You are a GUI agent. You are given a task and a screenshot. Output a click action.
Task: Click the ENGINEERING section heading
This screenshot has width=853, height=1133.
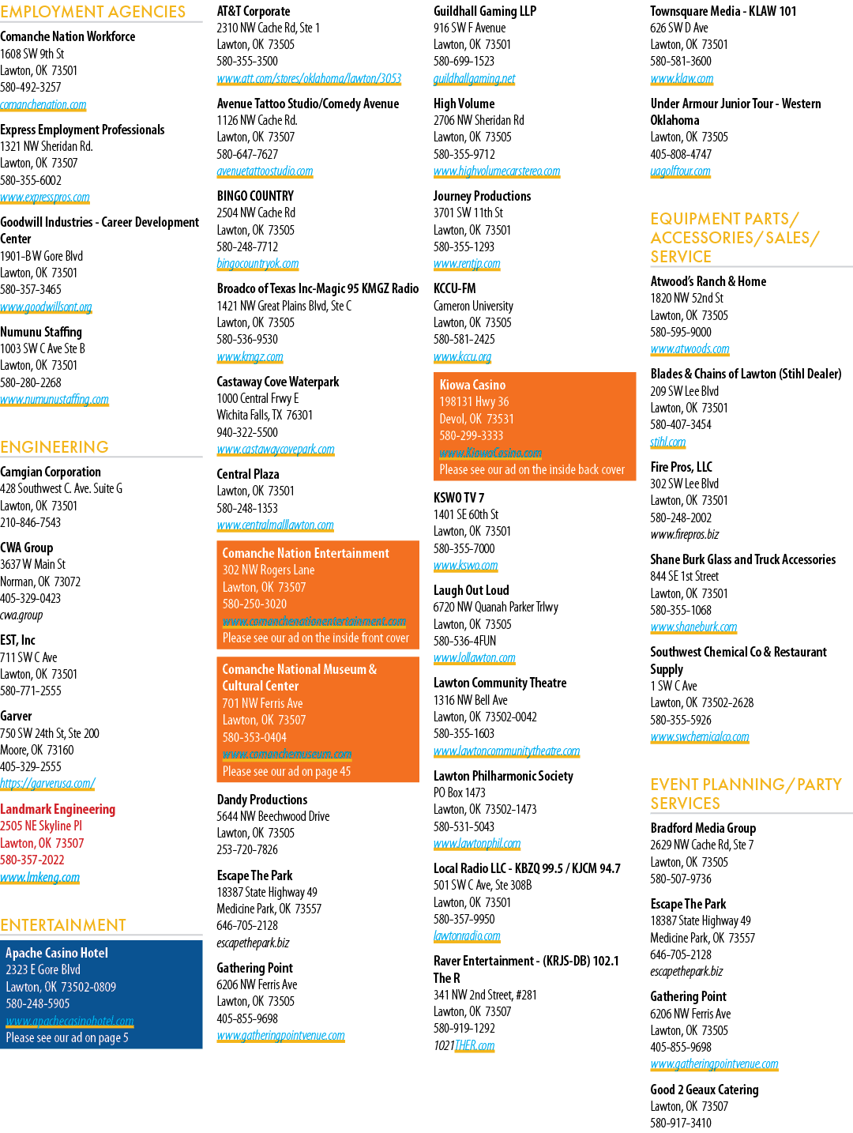[x=54, y=446]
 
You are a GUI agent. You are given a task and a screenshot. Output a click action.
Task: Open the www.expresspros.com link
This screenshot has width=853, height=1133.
[x=45, y=198]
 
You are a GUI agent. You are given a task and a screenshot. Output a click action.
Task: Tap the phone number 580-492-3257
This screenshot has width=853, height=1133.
[x=31, y=87]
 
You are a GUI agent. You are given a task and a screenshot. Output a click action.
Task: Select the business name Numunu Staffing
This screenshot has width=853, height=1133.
[x=41, y=331]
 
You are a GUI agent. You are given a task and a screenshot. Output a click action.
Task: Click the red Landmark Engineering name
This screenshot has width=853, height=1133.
[x=58, y=809]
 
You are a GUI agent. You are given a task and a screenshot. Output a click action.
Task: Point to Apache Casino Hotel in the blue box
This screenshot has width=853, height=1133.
[x=57, y=952]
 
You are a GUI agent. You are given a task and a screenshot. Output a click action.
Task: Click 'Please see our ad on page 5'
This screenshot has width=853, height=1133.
[x=67, y=1037]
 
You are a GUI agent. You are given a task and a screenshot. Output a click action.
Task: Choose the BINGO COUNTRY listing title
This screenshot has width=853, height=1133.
[x=255, y=196]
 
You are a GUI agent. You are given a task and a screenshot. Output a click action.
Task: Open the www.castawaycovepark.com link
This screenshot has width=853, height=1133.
[x=276, y=449]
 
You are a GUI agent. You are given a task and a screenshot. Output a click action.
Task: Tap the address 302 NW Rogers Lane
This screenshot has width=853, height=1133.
[x=269, y=570]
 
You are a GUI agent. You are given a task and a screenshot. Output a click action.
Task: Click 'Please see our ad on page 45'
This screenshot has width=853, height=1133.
[x=287, y=771]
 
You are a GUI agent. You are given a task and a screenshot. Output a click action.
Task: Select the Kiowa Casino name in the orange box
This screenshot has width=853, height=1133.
[x=472, y=385]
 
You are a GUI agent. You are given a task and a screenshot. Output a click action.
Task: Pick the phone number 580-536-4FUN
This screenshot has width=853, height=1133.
[x=464, y=641]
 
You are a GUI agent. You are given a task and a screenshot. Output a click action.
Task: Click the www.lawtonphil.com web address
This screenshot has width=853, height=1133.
[x=477, y=843]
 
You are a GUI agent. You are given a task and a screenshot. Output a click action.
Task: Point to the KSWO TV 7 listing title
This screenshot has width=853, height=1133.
[x=459, y=498]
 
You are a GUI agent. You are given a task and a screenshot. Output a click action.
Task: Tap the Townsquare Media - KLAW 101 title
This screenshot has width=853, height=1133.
[x=723, y=11]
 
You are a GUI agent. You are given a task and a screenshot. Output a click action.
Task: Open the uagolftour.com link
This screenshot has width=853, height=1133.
[x=680, y=171]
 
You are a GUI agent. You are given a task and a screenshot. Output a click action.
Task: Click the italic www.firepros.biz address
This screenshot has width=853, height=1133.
[x=684, y=534]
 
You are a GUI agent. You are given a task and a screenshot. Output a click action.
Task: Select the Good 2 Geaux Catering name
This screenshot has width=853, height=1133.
[x=705, y=1089]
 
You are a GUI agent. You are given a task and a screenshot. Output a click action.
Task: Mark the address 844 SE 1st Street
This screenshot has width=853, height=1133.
[x=684, y=576]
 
